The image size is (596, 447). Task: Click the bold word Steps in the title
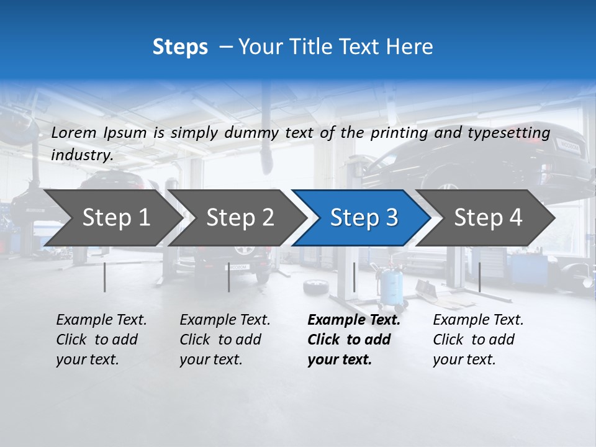click(x=180, y=47)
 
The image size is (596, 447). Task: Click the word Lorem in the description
click(x=73, y=132)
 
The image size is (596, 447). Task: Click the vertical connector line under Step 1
click(x=105, y=277)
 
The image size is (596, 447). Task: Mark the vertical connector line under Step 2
click(x=229, y=277)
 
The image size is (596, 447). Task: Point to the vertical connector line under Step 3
click(x=354, y=277)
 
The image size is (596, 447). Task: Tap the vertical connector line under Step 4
click(x=480, y=277)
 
